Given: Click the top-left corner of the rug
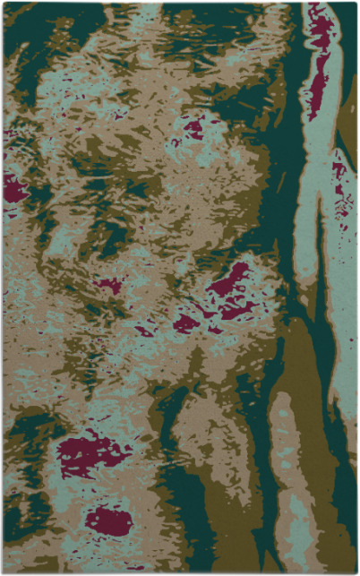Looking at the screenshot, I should click(x=4, y=3).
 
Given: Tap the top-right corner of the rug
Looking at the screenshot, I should click(x=356, y=3).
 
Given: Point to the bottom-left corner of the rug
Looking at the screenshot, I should click(x=4, y=572).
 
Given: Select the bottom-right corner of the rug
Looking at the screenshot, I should click(x=356, y=572).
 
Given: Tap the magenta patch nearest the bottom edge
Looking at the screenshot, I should click(x=109, y=520).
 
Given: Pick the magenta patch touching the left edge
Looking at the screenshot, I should click(x=13, y=188).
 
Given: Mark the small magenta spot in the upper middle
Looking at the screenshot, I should click(x=193, y=127).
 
